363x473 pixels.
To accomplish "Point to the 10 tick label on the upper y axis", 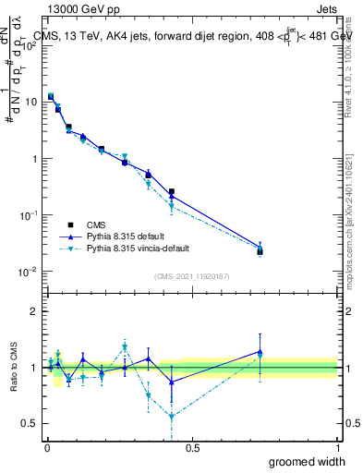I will (x=31, y=102).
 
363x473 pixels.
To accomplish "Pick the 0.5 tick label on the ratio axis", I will (x=32, y=423).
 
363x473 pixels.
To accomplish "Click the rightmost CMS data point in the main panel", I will (x=260, y=251).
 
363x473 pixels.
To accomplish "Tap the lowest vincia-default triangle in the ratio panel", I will (x=172, y=417).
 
